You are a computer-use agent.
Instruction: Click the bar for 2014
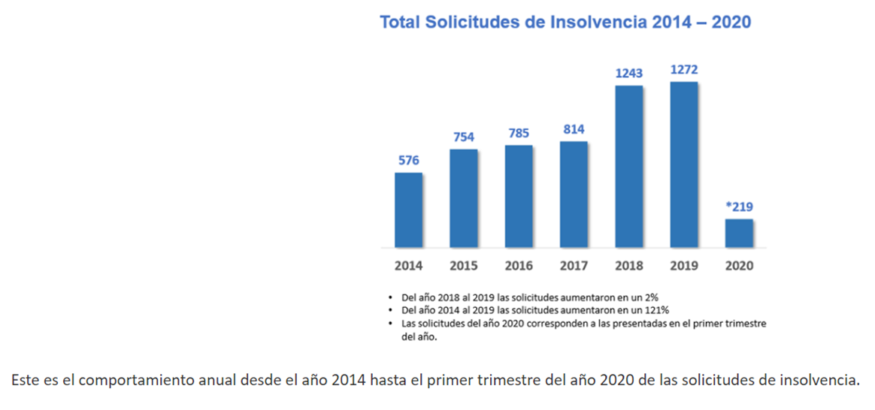pos(408,210)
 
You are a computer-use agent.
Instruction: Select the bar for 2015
pos(464,198)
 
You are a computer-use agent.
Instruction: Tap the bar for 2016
pos(519,196)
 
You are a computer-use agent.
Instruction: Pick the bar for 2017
pos(574,194)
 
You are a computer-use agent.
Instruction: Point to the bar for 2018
pos(629,167)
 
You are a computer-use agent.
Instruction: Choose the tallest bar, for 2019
pos(684,164)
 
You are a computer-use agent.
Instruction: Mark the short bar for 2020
pos(739,233)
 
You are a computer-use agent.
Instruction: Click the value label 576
pos(408,161)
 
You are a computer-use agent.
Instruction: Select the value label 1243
pos(629,74)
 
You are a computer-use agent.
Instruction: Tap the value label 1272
pos(684,70)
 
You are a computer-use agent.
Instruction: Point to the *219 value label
pos(739,207)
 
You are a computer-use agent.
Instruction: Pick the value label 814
pos(574,130)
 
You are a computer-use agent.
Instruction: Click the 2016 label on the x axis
pos(519,266)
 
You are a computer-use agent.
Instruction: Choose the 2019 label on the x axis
pos(684,266)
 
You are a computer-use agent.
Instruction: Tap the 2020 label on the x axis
pos(739,266)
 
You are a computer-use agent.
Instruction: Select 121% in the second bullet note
pos(659,310)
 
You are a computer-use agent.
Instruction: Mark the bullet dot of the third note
pos(391,324)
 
